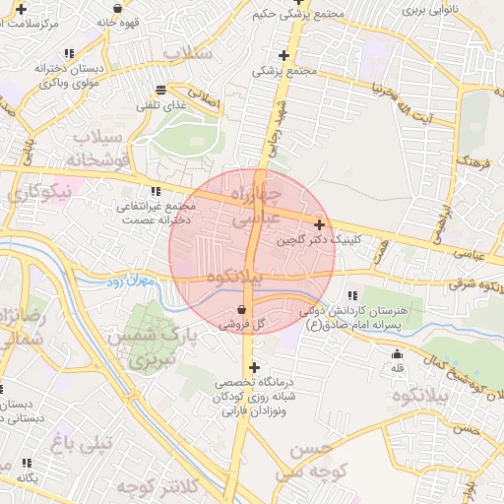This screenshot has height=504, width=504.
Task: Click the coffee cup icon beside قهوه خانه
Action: [x=117, y=8]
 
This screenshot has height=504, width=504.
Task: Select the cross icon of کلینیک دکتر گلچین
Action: [x=320, y=224]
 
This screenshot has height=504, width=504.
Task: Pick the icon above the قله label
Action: [x=397, y=354]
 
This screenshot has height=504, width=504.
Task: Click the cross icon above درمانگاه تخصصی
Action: [x=255, y=367]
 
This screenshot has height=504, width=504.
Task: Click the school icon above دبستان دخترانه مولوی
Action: [x=67, y=53]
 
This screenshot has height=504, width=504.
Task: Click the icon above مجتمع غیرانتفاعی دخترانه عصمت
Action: [x=155, y=192]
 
